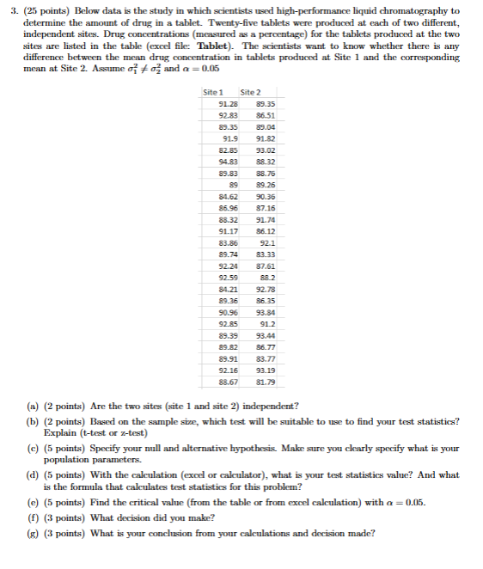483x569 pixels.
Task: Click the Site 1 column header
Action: pyautogui.click(x=215, y=92)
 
